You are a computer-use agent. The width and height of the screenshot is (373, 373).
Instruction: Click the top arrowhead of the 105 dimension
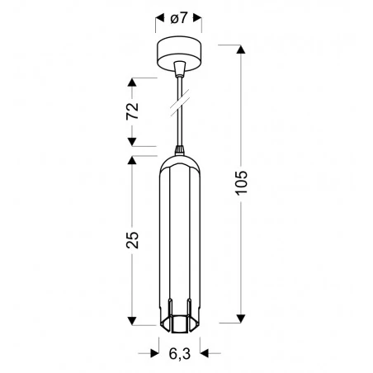(x=242, y=50)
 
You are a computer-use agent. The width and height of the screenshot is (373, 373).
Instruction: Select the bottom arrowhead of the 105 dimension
(x=242, y=317)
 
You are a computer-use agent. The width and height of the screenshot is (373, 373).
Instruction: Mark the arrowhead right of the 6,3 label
(x=201, y=354)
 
